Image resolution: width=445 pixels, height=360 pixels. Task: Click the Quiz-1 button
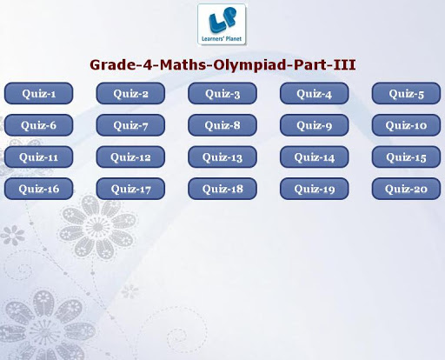coord(38,93)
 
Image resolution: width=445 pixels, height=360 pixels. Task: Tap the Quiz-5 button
coord(406,93)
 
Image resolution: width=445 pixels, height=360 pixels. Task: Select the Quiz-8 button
coord(222,125)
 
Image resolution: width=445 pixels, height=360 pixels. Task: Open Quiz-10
coord(406,125)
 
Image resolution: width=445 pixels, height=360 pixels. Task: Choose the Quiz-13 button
coord(222,157)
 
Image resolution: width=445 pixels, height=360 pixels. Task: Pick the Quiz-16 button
coord(38,189)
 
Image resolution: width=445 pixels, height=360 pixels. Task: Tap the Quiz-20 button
coord(406,189)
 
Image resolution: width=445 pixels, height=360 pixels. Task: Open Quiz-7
coord(130,125)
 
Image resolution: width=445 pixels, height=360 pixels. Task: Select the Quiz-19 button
coord(315,189)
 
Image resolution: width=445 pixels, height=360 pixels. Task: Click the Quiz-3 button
coord(222,93)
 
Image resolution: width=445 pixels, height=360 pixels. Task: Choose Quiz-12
coord(130,157)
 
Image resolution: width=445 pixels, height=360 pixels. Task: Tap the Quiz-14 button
coord(315,157)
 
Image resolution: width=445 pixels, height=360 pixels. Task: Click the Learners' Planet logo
coord(222,24)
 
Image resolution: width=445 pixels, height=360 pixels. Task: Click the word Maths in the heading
coord(183,64)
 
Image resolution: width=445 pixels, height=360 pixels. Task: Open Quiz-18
coord(222,189)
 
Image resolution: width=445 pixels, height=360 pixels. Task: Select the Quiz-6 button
coord(38,125)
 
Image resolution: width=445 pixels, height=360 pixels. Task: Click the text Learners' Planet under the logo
coord(222,38)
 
